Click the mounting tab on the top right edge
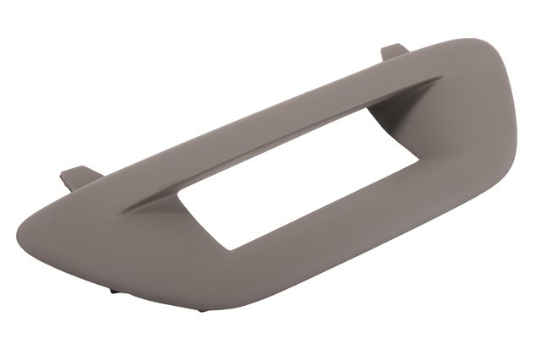(x=394, y=52)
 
